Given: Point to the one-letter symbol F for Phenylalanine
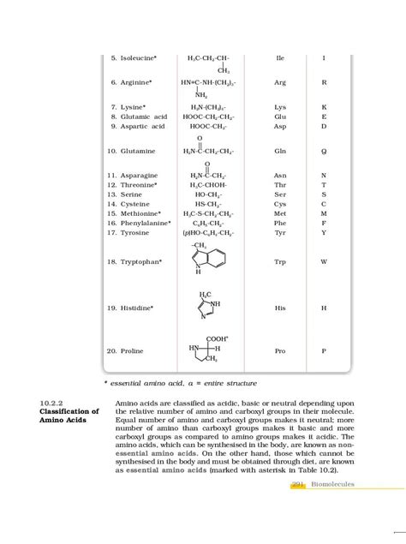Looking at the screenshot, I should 324,223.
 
